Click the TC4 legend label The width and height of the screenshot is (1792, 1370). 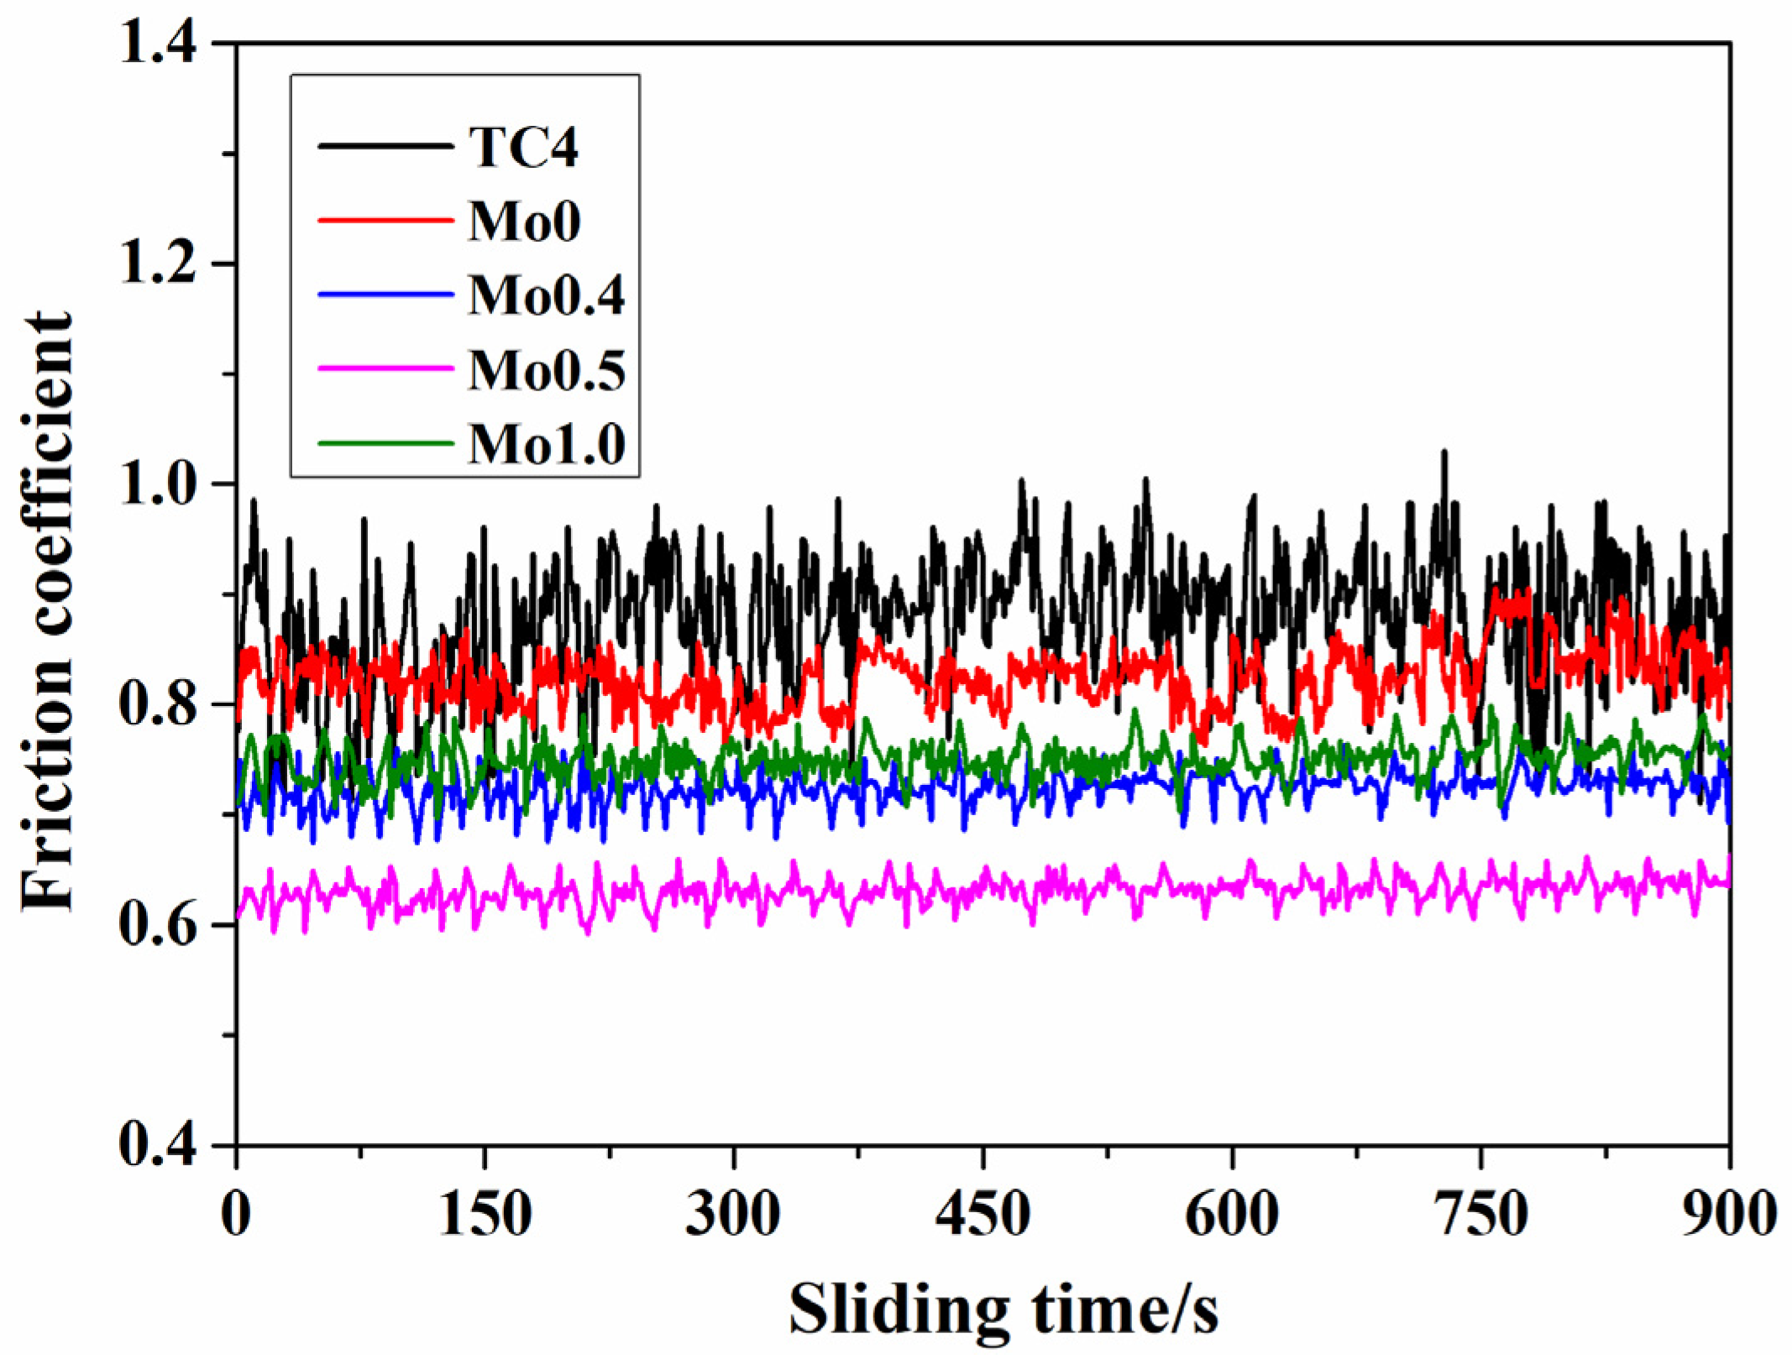[x=523, y=148]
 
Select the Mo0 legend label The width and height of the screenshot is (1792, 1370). [x=525, y=222]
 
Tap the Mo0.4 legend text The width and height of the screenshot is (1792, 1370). [x=546, y=295]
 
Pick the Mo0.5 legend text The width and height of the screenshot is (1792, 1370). [x=546, y=369]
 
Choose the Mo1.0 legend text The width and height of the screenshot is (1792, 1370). [x=546, y=443]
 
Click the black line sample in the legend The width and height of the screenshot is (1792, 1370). [x=385, y=147]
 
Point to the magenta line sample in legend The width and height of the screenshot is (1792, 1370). [x=385, y=368]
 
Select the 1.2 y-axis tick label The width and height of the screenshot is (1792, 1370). [x=158, y=264]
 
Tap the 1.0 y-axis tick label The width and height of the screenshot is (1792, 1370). [x=158, y=484]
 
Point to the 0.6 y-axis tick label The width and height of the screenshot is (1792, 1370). [x=158, y=925]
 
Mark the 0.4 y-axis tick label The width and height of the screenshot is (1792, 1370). [x=158, y=1145]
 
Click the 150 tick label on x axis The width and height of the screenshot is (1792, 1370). [x=485, y=1215]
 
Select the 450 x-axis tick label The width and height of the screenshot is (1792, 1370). [x=983, y=1215]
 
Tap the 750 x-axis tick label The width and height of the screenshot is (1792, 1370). [x=1480, y=1215]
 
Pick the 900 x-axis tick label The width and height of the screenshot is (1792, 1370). [x=1728, y=1215]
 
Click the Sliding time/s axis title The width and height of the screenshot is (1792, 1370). [x=1003, y=1310]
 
